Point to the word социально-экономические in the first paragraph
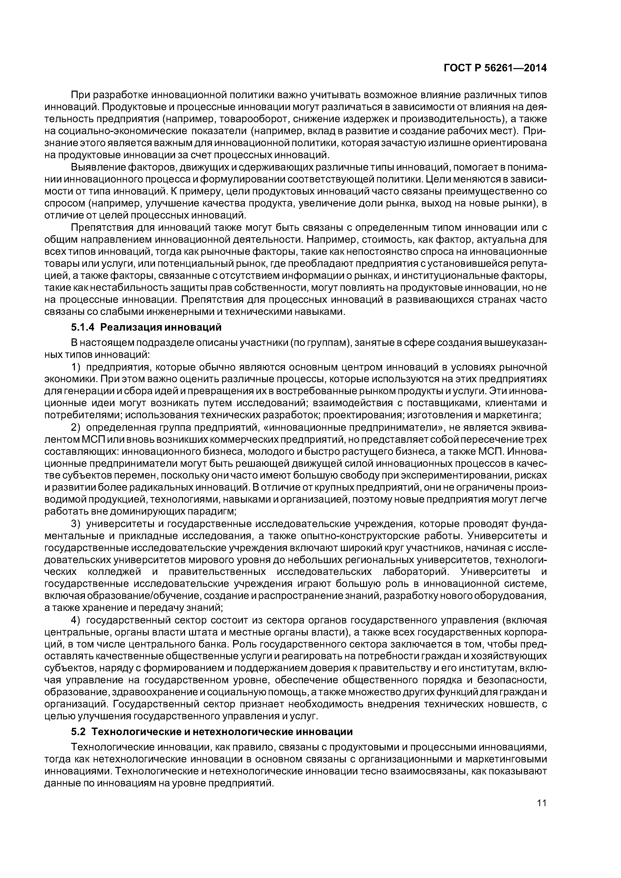click(122, 131)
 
